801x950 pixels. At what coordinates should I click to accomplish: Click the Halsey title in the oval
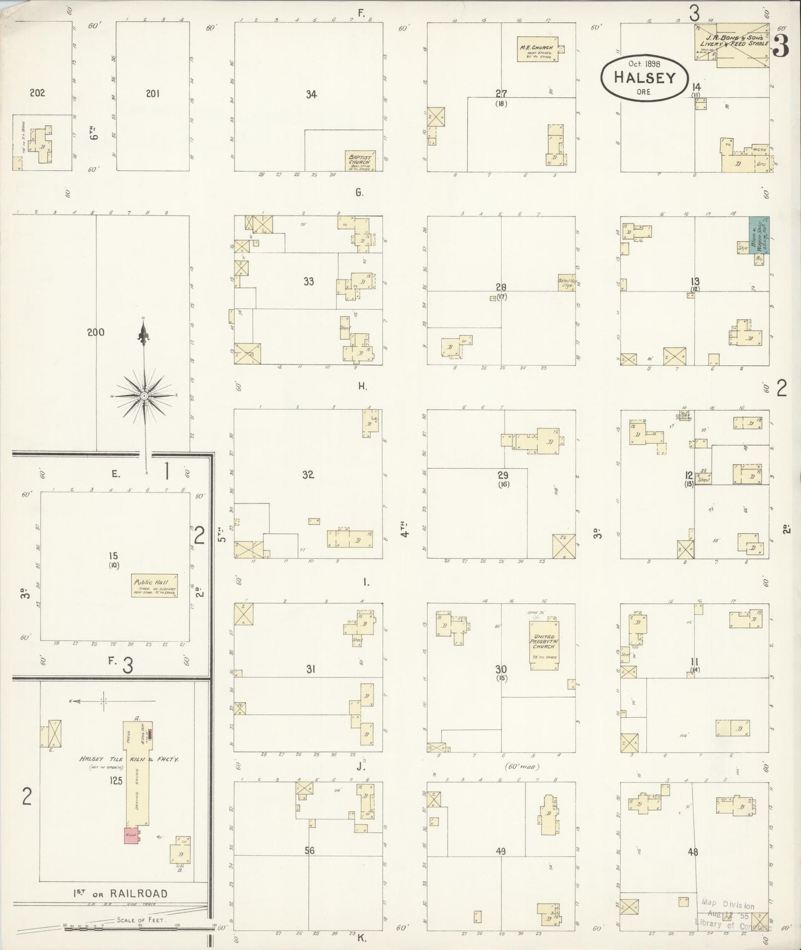tap(645, 77)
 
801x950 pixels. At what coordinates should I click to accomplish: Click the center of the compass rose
tap(144, 395)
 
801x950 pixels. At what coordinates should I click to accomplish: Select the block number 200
tap(95, 333)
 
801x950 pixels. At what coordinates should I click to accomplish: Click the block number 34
tap(311, 95)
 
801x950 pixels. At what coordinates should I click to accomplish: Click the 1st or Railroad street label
tap(120, 893)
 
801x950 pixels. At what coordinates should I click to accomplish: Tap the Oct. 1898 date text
tap(644, 63)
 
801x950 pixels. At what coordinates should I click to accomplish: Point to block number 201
tap(152, 94)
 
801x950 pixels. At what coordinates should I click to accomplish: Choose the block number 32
tap(308, 474)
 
